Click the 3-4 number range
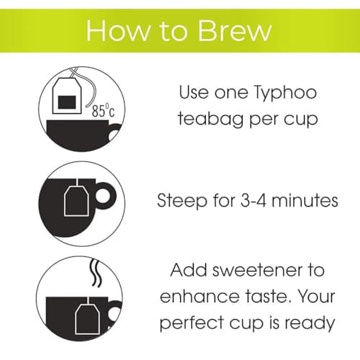coord(257,201)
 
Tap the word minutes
coord(307,201)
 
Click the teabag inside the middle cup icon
coord(75,202)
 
